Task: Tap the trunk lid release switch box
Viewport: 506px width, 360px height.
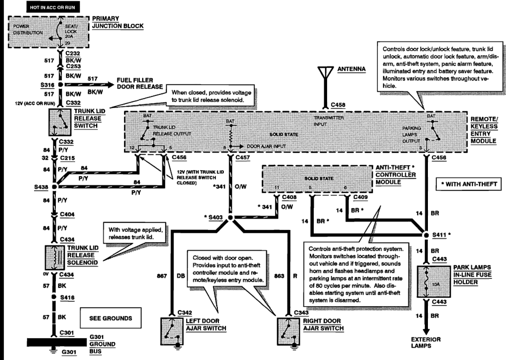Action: tap(59, 121)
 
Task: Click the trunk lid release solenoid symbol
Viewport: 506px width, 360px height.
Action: tap(58, 257)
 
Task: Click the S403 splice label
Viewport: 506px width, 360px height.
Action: tap(214, 218)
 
